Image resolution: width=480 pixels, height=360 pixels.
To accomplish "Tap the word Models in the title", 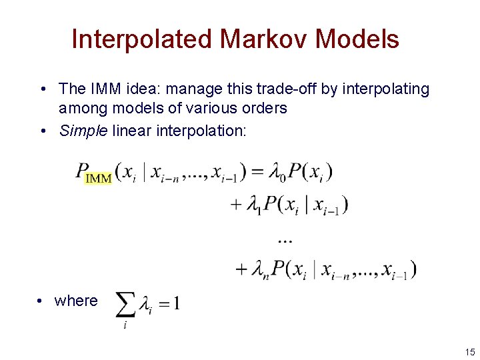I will coord(357,39).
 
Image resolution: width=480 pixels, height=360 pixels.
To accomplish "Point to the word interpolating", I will coord(385,89).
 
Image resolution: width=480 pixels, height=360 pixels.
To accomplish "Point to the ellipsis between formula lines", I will coord(285,237).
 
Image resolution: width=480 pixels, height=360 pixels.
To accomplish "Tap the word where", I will coord(76,301).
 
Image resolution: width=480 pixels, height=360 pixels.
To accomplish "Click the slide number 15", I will coord(470,351).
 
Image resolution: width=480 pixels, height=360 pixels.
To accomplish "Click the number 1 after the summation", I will coord(176,304).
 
